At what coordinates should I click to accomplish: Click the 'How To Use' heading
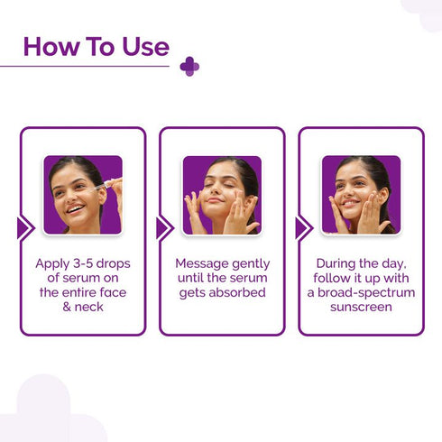click(x=96, y=46)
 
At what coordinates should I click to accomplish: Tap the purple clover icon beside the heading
click(x=189, y=66)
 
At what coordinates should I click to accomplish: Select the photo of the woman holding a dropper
click(x=82, y=195)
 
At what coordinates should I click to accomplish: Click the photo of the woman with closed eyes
click(x=221, y=195)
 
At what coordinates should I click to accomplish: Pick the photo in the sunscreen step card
click(x=361, y=195)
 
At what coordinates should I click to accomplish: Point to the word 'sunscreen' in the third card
click(x=361, y=307)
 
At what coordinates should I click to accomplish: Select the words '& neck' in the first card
click(x=82, y=307)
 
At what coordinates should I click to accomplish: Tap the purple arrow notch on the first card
click(x=25, y=227)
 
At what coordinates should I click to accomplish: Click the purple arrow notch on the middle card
click(x=164, y=227)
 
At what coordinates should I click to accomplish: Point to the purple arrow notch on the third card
click(x=303, y=227)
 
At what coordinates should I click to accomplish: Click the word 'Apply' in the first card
click(x=53, y=263)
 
